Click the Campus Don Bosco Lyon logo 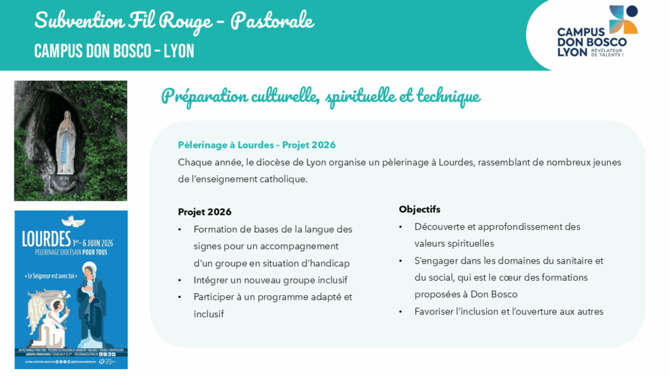596,33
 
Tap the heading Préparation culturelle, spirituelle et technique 321,96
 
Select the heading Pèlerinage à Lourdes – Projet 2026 256,145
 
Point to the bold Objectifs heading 419,209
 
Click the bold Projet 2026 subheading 204,212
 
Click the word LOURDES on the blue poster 46,239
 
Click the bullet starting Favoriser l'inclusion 508,312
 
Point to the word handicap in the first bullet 329,263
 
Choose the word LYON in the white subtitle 179,51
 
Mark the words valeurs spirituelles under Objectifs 454,243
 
